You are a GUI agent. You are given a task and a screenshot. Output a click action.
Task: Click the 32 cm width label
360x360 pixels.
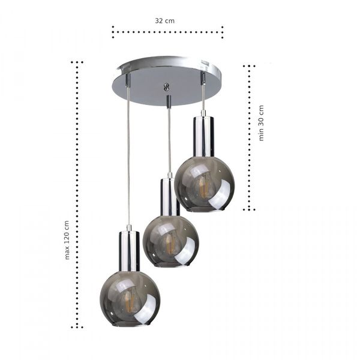(165, 20)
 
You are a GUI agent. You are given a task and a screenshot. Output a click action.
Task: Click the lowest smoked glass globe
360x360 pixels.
(126, 298)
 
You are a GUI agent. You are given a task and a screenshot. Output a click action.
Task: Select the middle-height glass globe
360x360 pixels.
(170, 241)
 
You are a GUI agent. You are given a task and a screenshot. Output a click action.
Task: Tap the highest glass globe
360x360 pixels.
(204, 184)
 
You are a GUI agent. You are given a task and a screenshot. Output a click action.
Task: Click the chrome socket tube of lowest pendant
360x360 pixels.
(129, 250)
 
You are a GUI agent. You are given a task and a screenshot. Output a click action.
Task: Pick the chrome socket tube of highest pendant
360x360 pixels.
(203, 135)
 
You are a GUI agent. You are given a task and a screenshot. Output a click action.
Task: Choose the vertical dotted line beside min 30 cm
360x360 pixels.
(249, 138)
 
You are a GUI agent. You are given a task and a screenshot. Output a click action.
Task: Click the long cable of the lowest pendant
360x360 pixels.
(128, 156)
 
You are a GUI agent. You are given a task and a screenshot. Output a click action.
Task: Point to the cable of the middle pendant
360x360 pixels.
(169, 138)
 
